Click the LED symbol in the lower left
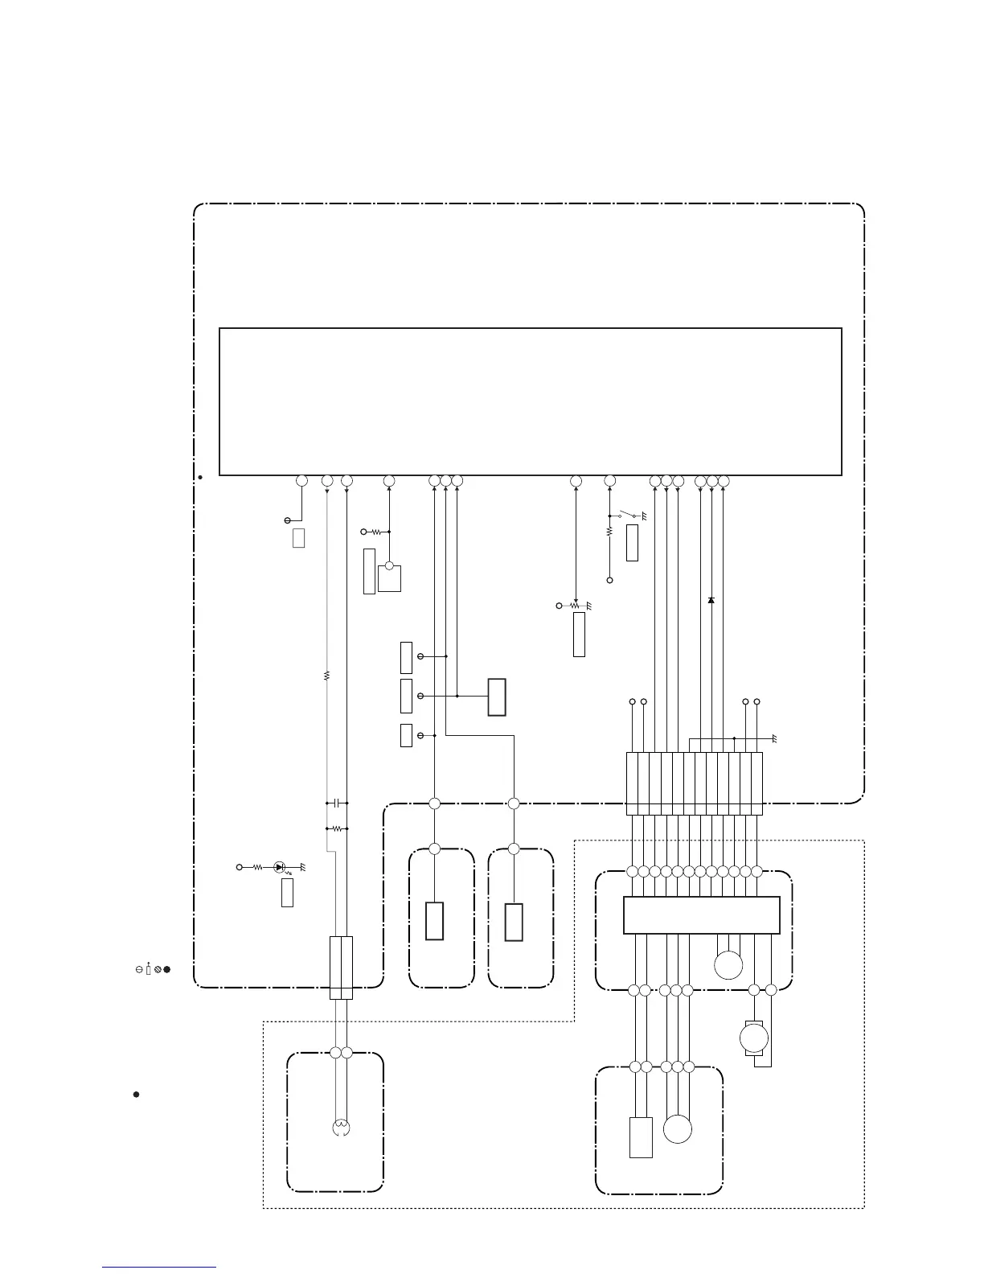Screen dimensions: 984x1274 point(279,867)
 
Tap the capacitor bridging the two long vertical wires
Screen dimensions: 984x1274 point(337,803)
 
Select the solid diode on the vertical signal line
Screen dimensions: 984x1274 point(711,600)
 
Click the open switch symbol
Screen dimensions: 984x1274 point(626,515)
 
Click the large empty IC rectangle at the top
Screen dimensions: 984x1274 point(531,401)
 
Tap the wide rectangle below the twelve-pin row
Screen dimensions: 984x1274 point(702,915)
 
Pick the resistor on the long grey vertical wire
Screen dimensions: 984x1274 point(326,676)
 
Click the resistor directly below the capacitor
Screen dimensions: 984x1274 point(337,828)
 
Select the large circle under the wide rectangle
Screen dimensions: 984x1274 point(728,964)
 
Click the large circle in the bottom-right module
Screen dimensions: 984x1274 point(678,1128)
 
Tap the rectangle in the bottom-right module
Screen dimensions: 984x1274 point(641,1137)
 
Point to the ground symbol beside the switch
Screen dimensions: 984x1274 point(644,516)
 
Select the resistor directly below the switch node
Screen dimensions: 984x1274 point(609,532)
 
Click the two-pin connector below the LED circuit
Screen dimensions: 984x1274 point(342,968)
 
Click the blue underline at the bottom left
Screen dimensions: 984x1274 point(159,1268)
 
